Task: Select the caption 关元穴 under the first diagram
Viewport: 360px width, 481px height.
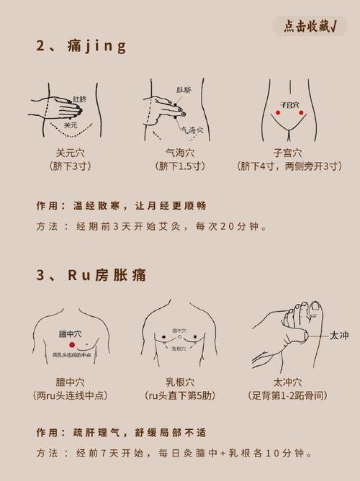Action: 71,153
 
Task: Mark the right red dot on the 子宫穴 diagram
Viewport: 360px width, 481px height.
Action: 300,112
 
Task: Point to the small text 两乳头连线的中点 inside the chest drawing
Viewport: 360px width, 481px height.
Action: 71,355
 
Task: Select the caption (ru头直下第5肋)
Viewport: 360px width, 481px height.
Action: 179,395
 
